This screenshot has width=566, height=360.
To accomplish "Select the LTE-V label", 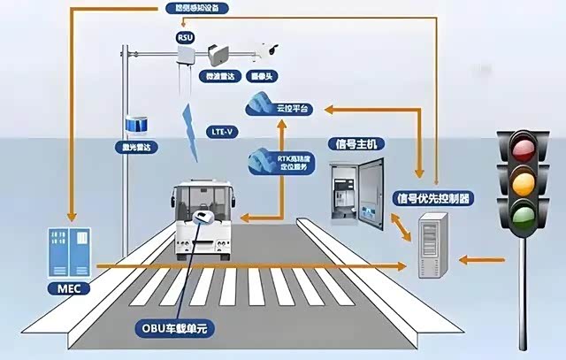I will (223, 130).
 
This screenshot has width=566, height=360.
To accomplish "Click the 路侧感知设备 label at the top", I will (197, 9).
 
